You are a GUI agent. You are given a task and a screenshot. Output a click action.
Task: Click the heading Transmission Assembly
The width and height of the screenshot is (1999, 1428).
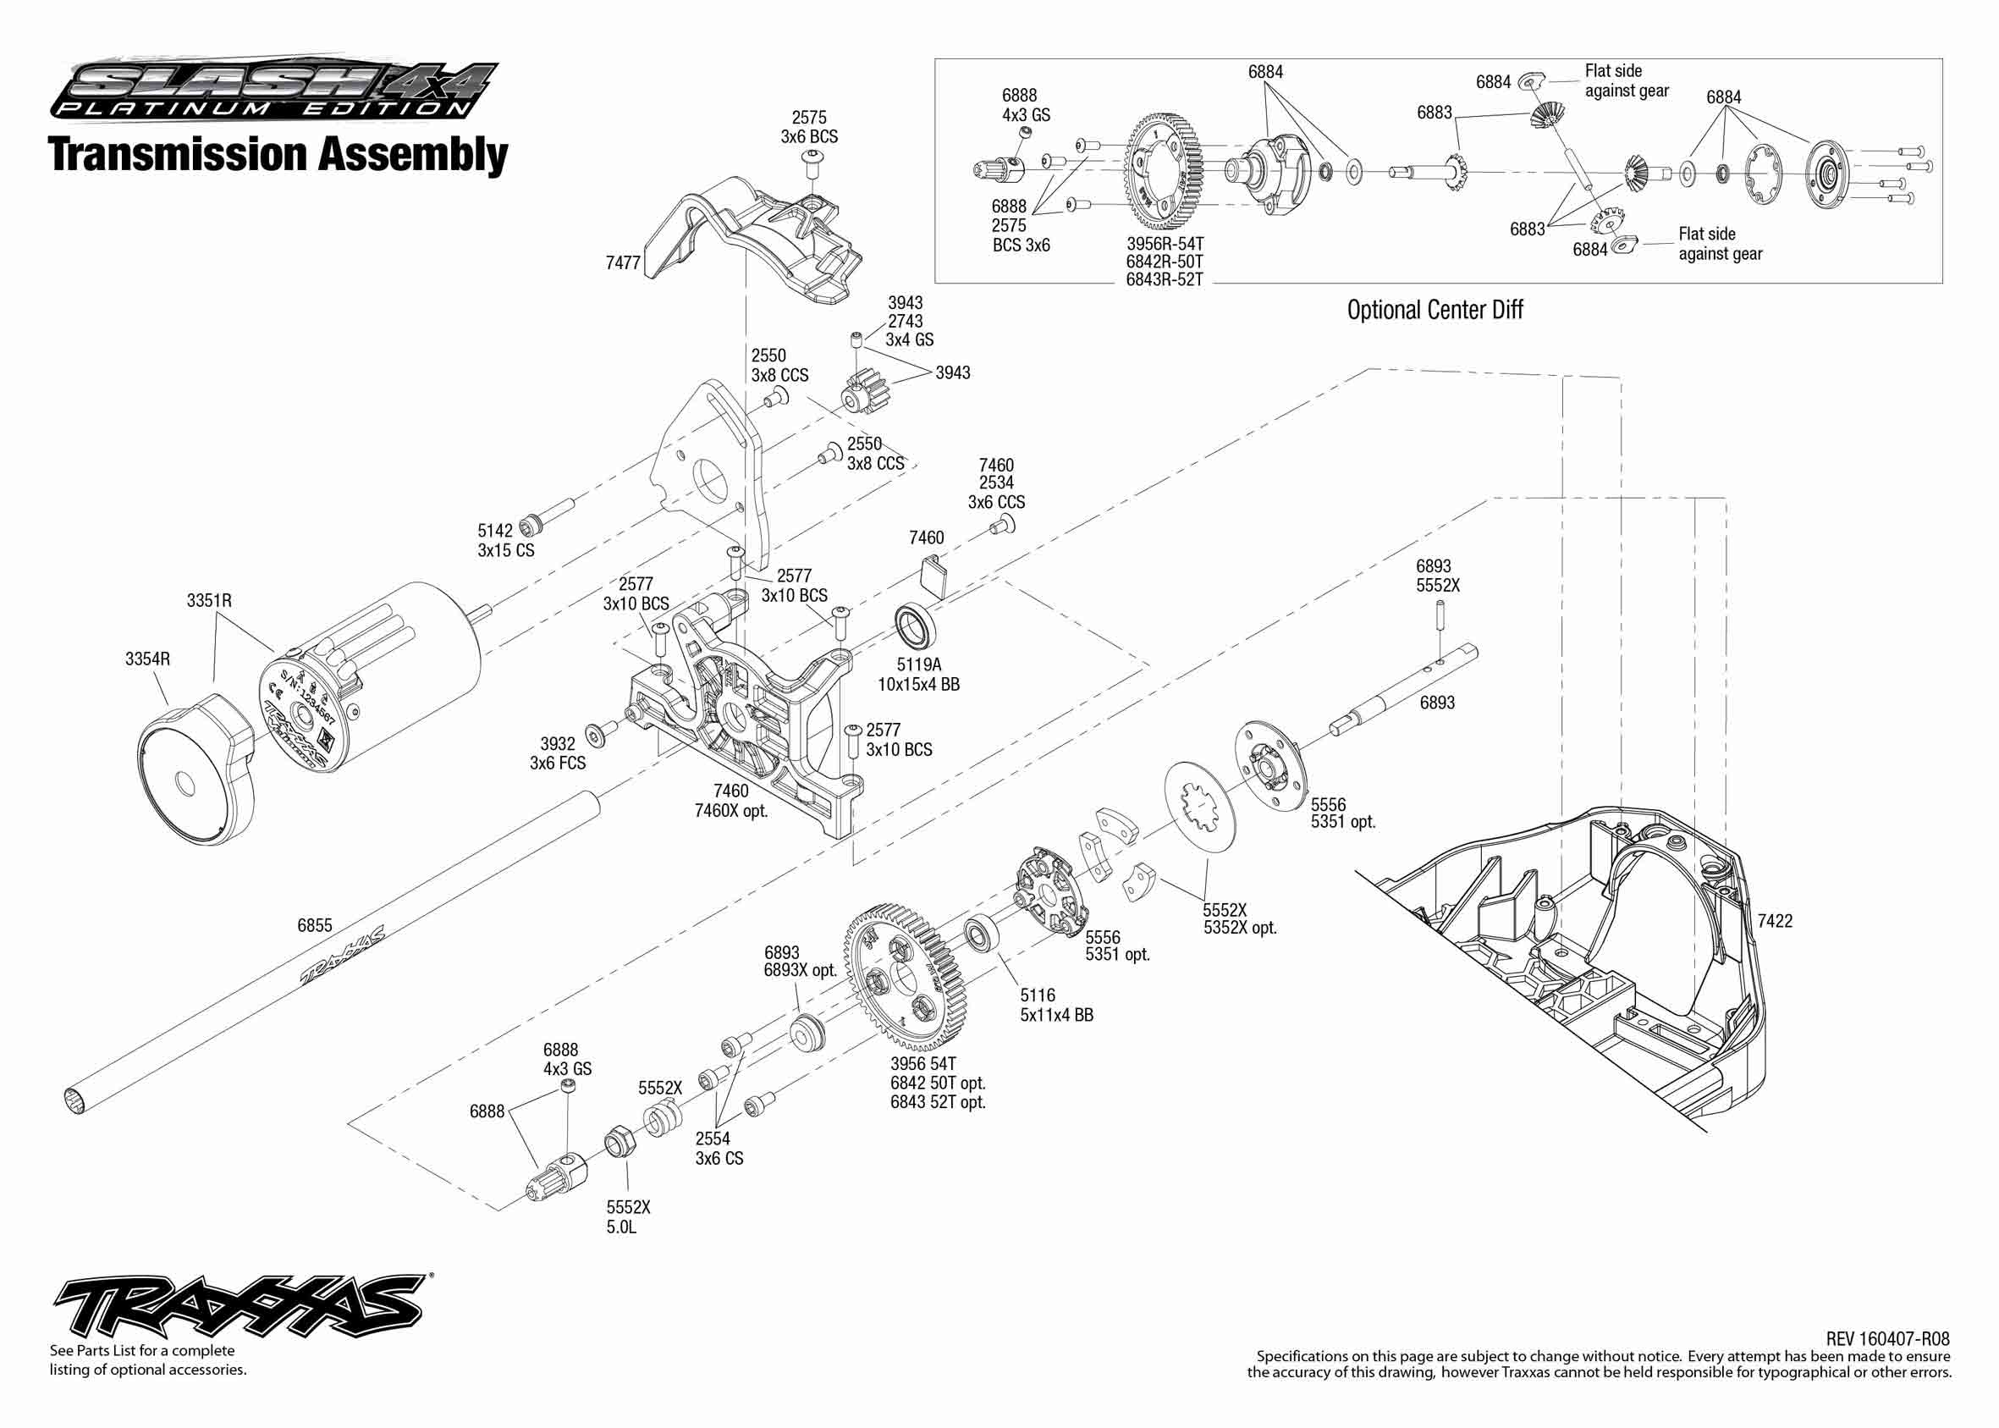click(278, 154)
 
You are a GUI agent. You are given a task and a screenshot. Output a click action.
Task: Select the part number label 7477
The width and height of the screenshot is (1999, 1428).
click(622, 263)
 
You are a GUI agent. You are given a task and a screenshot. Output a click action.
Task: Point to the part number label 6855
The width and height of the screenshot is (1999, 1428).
click(314, 925)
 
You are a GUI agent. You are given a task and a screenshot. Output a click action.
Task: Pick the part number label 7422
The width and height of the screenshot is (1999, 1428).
click(1774, 921)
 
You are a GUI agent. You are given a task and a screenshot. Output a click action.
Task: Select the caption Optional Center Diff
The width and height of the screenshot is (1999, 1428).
click(1435, 310)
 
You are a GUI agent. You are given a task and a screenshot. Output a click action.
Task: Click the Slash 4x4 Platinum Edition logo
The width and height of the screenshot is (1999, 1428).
click(273, 89)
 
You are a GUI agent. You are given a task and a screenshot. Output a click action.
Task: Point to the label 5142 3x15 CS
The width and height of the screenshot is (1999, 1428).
click(505, 540)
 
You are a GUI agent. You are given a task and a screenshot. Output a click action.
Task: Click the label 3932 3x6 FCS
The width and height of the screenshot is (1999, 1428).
click(558, 753)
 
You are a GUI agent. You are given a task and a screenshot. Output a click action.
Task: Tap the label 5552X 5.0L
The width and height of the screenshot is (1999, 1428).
click(628, 1217)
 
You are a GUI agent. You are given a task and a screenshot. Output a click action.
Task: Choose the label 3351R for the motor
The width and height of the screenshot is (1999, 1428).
click(209, 600)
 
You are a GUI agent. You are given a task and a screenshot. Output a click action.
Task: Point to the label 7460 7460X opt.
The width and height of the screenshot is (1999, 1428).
click(730, 800)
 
